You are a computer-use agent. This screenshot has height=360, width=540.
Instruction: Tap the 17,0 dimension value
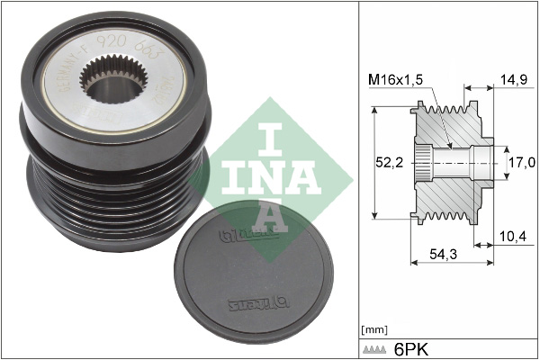tap(521, 162)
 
